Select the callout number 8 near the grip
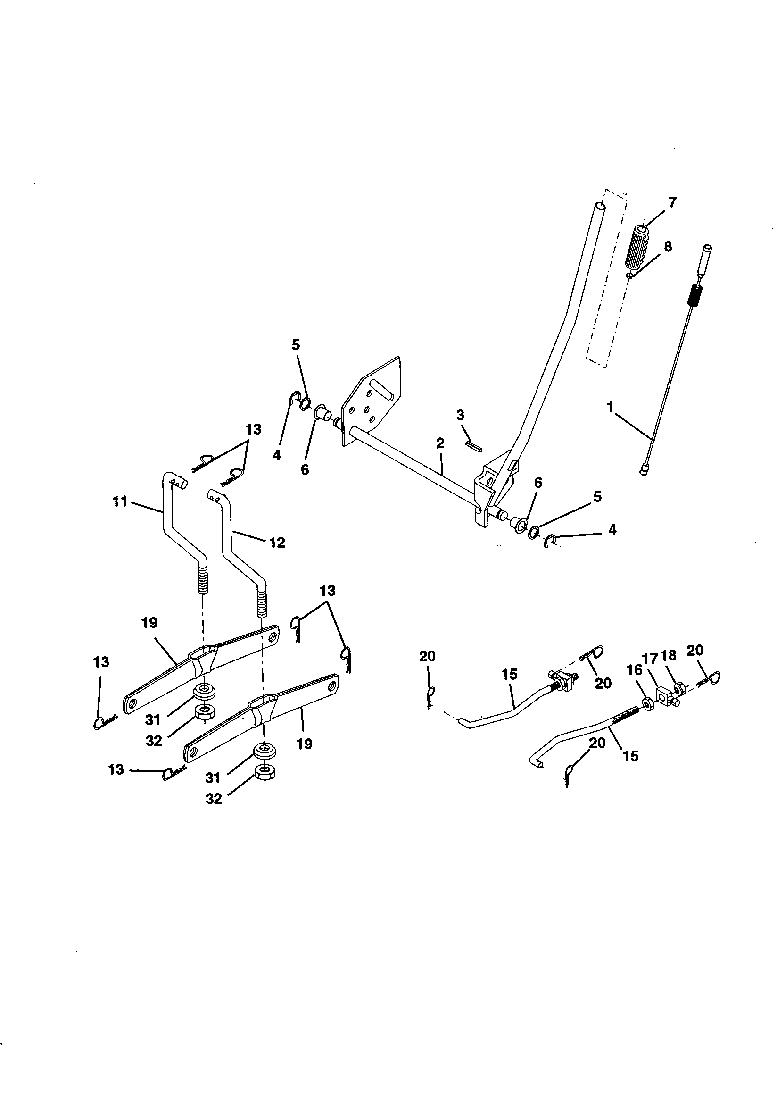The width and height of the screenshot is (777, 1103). pyautogui.click(x=667, y=247)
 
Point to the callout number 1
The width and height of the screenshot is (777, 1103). pyautogui.click(x=611, y=408)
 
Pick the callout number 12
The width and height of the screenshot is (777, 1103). pyautogui.click(x=278, y=543)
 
